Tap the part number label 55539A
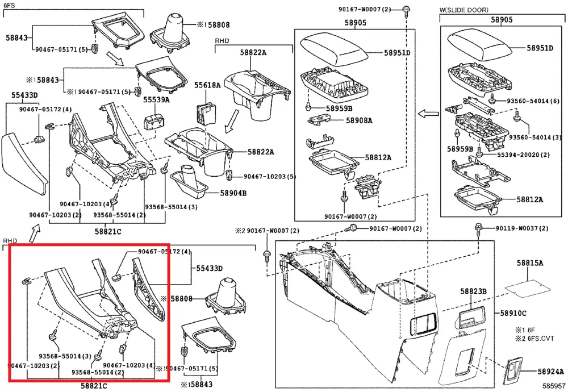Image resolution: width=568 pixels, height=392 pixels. point(156,99)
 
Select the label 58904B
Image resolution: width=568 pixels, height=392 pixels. point(233,193)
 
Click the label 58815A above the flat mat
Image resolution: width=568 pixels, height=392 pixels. point(530,263)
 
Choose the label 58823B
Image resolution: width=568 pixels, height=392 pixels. point(474,291)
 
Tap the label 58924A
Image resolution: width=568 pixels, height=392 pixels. point(551,372)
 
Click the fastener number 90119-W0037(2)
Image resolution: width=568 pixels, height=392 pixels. point(521,228)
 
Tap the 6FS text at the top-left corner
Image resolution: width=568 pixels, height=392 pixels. point(10,4)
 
